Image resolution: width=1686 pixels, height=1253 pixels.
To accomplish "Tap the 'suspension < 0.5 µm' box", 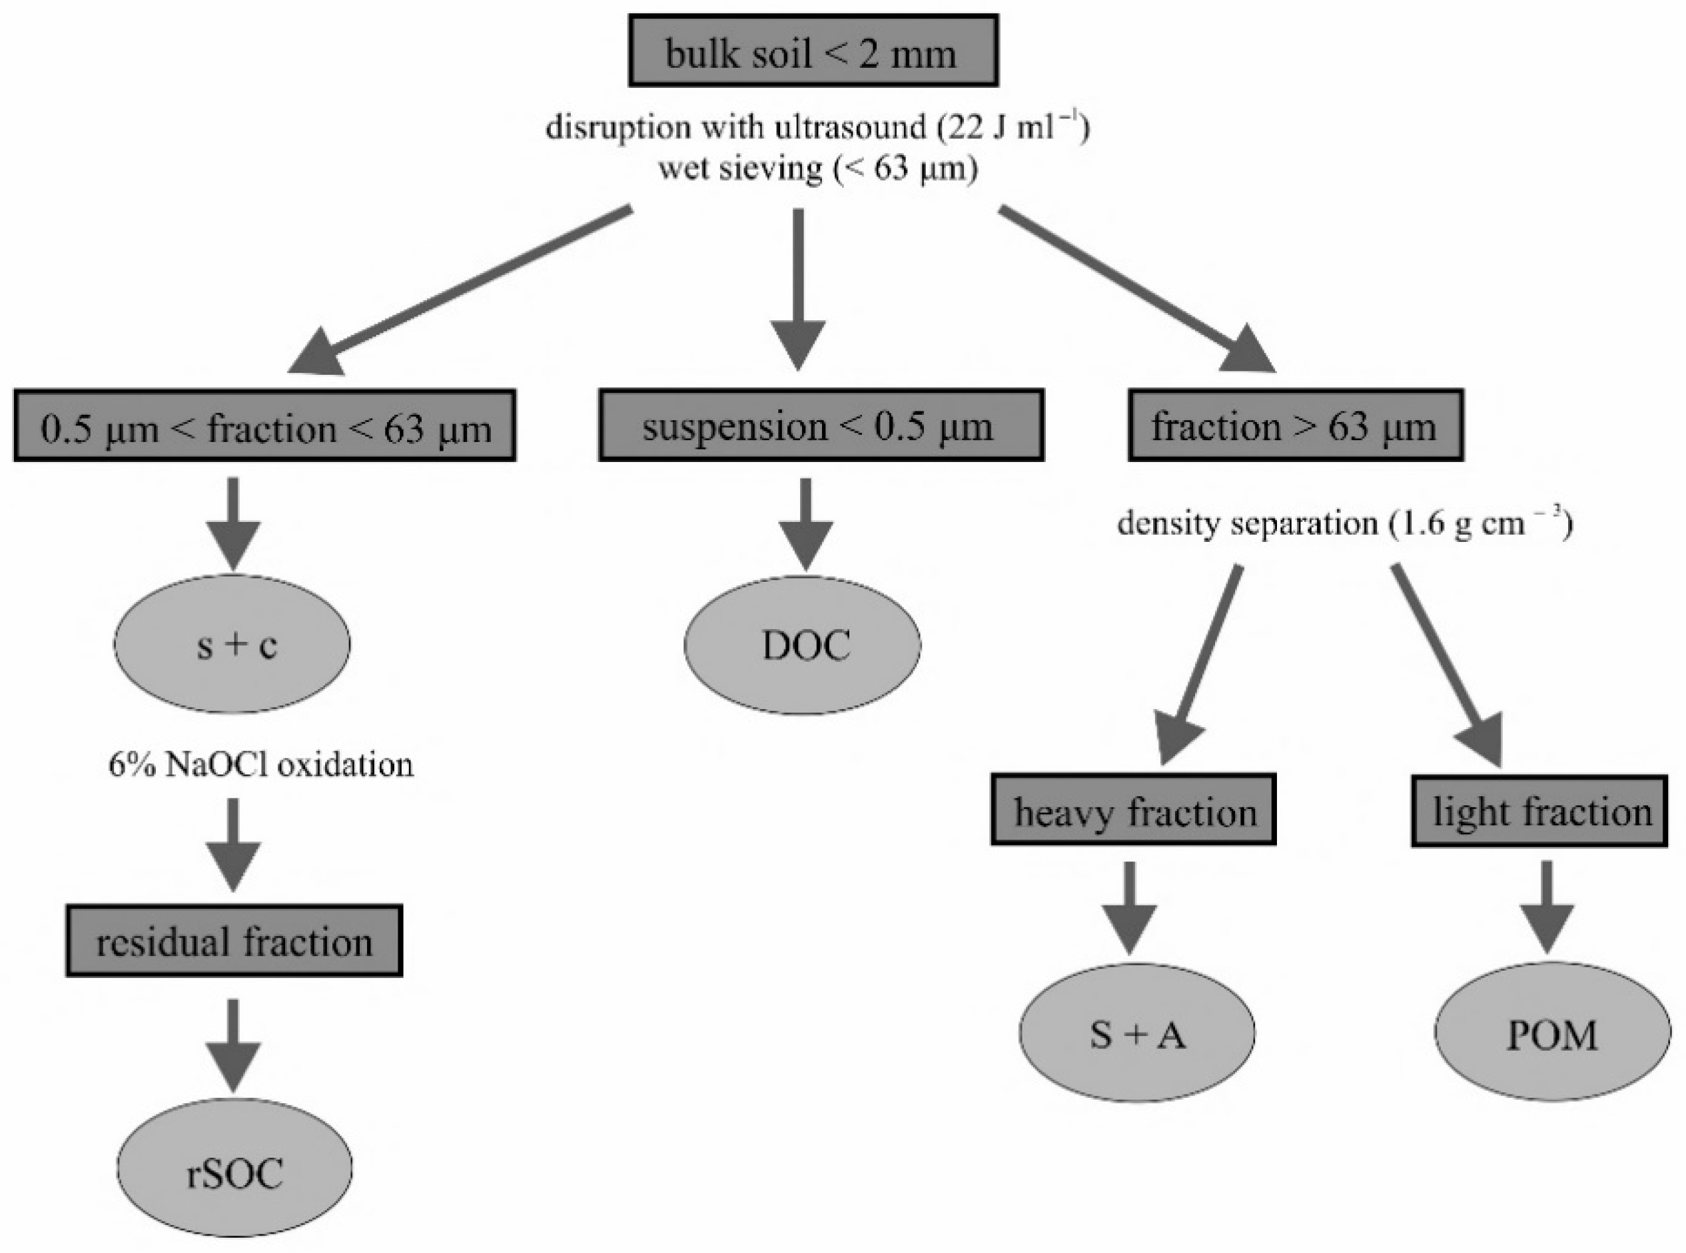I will click(x=820, y=425).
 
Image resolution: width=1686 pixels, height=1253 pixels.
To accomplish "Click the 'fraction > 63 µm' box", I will click(x=1294, y=425).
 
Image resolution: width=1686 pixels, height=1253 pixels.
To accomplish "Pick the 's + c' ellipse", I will click(x=232, y=644).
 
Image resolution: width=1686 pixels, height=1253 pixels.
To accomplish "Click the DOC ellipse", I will click(x=803, y=645).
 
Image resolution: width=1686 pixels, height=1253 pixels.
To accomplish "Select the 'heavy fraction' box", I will click(x=1133, y=810).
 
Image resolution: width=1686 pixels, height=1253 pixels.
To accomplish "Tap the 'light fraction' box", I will click(x=1539, y=810).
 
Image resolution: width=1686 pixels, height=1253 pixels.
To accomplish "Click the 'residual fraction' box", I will click(x=234, y=941).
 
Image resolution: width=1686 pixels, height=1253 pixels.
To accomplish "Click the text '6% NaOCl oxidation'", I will click(x=261, y=764).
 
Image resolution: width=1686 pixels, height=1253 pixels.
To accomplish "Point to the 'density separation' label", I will click(x=1246, y=523).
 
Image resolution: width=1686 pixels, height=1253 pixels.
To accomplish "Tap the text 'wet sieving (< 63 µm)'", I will click(x=817, y=168).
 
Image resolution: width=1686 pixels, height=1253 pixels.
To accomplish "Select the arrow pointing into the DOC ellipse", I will click(x=805, y=523).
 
